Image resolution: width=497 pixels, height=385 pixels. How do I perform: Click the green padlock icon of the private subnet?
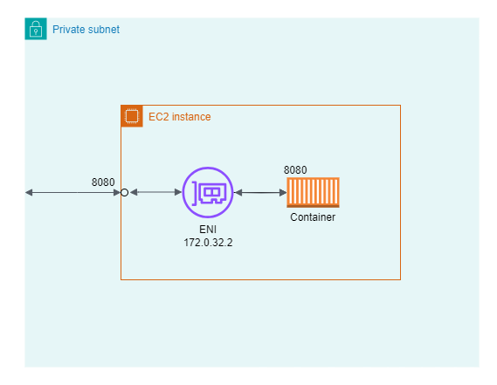click(36, 29)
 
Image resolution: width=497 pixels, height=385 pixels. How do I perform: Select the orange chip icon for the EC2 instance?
click(132, 116)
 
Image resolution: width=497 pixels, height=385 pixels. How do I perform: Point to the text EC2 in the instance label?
click(158, 116)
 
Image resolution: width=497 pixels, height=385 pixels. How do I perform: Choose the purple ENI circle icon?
click(208, 192)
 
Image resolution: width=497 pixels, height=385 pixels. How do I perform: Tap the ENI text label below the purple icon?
click(208, 228)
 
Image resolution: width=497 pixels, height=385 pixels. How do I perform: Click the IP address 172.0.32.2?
click(208, 242)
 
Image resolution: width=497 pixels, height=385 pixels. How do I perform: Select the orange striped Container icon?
click(313, 192)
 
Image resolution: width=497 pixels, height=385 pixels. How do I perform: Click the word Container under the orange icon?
click(313, 217)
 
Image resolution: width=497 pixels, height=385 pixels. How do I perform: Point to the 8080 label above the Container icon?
click(295, 170)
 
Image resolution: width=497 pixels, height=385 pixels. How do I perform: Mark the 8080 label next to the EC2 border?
click(103, 182)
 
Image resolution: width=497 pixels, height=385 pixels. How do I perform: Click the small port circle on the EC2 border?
click(124, 192)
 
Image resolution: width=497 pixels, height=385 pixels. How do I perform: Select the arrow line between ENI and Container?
click(260, 192)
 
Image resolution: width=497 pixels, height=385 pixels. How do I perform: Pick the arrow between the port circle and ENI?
click(155, 192)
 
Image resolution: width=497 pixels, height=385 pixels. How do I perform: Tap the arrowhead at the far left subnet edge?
click(29, 192)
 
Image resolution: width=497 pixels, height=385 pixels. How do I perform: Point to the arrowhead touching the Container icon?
click(282, 192)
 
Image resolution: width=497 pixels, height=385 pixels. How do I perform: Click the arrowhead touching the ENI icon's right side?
click(238, 192)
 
